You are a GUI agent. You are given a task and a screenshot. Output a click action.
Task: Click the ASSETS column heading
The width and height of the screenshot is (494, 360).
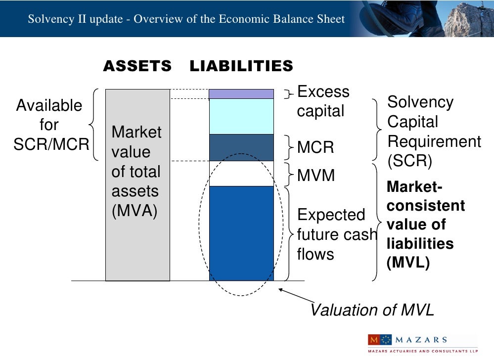137,66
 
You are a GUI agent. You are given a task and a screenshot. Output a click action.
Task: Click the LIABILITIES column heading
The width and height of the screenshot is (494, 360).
241,66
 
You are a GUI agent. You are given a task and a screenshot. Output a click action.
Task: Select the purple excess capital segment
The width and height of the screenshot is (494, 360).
241,94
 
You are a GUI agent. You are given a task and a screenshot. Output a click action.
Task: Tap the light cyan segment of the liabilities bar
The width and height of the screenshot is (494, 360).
241,116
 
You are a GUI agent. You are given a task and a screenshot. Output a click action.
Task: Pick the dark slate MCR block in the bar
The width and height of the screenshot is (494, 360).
241,147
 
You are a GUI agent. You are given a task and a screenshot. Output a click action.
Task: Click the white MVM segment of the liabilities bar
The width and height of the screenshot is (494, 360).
241,174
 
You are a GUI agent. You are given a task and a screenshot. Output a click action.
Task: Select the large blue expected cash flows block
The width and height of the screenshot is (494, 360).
241,232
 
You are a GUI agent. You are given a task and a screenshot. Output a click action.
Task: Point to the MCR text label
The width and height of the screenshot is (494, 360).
315,147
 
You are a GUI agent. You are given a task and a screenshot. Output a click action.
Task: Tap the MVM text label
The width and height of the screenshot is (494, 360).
316,175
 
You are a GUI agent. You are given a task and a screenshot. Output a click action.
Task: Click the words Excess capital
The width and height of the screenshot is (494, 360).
322,101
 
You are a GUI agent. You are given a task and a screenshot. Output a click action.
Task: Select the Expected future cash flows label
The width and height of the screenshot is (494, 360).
336,234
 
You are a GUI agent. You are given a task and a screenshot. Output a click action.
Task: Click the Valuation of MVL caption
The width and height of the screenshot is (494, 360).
372,310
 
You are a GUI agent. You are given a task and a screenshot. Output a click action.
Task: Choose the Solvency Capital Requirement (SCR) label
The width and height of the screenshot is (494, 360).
433,132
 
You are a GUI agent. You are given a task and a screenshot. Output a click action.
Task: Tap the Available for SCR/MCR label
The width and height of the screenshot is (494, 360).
49,125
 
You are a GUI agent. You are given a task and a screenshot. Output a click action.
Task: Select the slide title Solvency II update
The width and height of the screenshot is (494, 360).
186,19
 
